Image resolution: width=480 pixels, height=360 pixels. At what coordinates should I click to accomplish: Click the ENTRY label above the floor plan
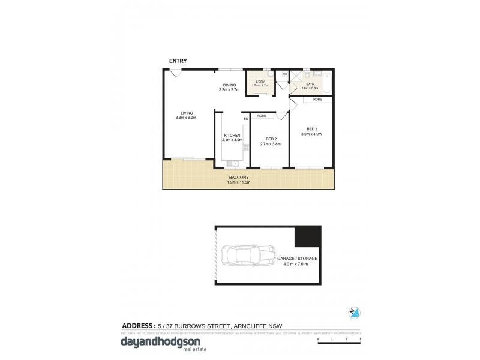(178, 61)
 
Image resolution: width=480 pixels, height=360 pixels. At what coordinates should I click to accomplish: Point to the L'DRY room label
(260, 82)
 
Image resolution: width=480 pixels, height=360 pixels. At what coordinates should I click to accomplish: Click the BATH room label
(310, 85)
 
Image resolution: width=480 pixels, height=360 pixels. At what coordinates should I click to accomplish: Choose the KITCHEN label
(232, 136)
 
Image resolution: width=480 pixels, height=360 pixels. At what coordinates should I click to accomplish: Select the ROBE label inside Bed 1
(317, 98)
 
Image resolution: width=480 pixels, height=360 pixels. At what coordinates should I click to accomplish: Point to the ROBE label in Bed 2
(262, 115)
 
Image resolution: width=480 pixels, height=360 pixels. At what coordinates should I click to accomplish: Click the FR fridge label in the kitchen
(245, 119)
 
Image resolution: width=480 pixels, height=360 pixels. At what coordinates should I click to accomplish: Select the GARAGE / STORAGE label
(297, 258)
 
